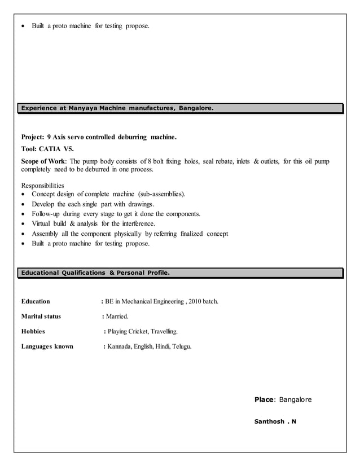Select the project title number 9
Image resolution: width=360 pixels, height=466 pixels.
49,137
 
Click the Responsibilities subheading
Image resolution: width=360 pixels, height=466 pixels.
42,185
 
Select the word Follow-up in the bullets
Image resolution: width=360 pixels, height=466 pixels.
47,214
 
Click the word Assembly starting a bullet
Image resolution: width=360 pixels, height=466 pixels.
45,234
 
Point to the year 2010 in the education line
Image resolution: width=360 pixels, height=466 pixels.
195,301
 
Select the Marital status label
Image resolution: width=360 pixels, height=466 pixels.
41,316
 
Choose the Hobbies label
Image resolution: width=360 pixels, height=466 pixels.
33,331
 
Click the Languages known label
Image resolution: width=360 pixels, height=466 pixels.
47,346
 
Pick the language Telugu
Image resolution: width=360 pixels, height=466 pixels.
181,346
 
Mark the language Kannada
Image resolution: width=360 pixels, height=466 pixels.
119,346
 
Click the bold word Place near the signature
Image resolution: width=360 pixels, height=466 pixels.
264,399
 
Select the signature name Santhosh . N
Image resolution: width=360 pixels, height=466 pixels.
275,421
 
